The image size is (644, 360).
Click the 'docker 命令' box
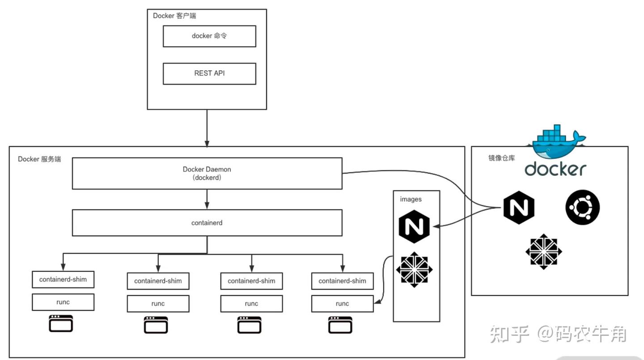(209, 36)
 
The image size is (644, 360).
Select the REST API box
(209, 73)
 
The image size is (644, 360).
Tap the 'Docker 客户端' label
(174, 16)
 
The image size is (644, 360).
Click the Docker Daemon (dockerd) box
(207, 173)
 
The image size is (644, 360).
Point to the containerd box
(207, 223)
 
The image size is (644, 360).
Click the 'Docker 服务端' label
(39, 159)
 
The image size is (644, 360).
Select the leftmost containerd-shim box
(63, 280)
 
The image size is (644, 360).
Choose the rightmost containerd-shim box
(342, 281)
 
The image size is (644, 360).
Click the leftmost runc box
(63, 302)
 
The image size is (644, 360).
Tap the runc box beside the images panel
(342, 304)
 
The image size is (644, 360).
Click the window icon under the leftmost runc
(61, 323)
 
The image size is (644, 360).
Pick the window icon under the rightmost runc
(340, 325)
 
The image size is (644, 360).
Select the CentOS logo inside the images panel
(414, 268)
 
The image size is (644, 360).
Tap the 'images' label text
(411, 199)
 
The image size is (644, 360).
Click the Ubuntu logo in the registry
(582, 208)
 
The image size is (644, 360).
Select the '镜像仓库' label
(501, 158)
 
